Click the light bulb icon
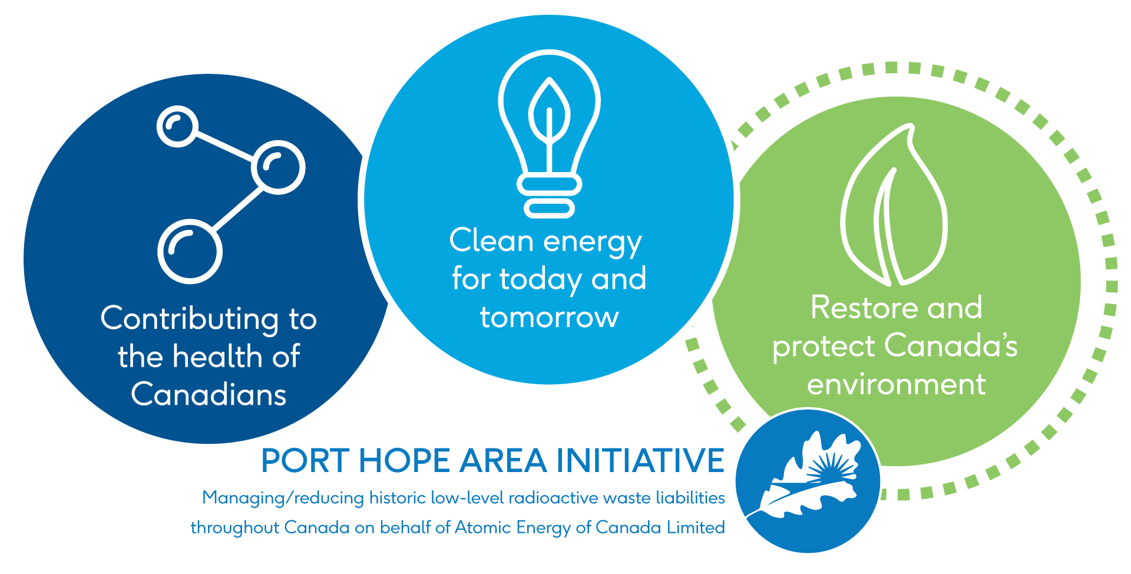pyautogui.click(x=549, y=133)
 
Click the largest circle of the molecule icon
pyautogui.click(x=190, y=251)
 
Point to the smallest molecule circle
pyautogui.click(x=177, y=126)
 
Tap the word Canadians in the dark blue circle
pyautogui.click(x=209, y=394)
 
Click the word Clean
pyautogui.click(x=492, y=241)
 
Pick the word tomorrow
pyautogui.click(x=549, y=317)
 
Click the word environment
pyautogui.click(x=896, y=384)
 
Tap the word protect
pyautogui.click(x=824, y=347)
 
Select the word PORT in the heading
pyautogui.click(x=305, y=461)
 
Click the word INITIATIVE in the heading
pyautogui.click(x=640, y=461)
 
